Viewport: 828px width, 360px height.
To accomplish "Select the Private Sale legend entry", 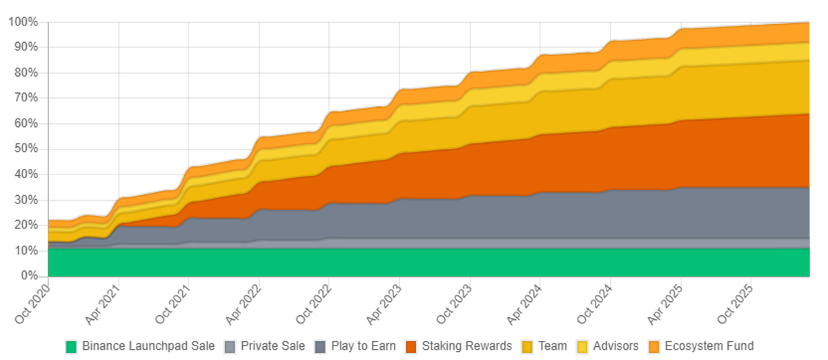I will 272,346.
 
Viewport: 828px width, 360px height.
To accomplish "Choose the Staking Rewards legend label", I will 467,346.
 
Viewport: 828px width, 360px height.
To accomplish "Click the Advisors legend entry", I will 615,346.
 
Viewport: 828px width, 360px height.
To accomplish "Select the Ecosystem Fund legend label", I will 709,346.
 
